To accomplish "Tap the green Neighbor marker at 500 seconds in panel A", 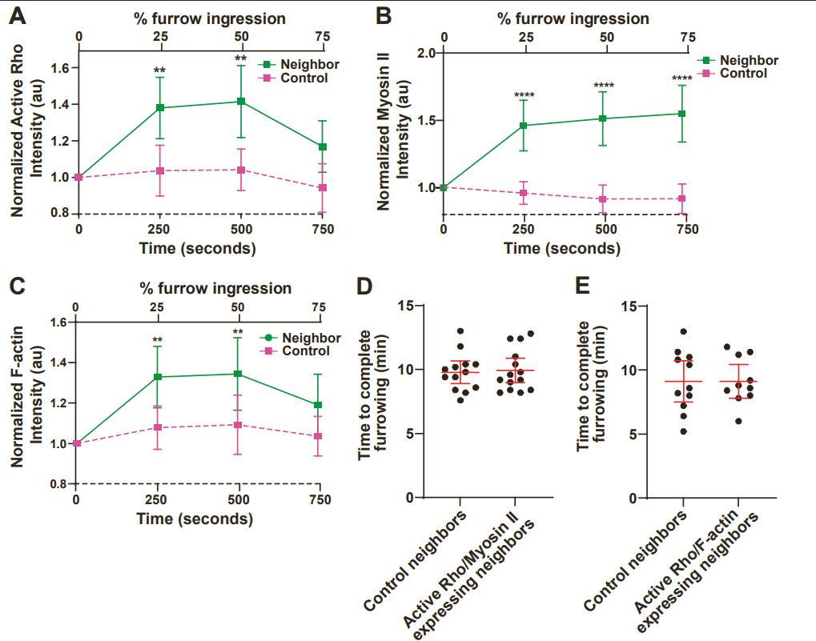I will pyautogui.click(x=240, y=102).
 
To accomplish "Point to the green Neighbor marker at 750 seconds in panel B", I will pyautogui.click(x=682, y=114).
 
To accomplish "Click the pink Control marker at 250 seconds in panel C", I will pyautogui.click(x=158, y=427).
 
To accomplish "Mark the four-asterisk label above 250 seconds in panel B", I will pyautogui.click(x=525, y=97).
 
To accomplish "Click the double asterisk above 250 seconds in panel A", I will pyautogui.click(x=159, y=71).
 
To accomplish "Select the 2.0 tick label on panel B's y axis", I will pyautogui.click(x=425, y=53).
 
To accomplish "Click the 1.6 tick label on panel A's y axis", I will pyautogui.click(x=58, y=68).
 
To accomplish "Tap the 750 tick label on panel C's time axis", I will pyautogui.click(x=320, y=500).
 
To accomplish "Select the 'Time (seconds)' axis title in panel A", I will pyautogui.click(x=198, y=248).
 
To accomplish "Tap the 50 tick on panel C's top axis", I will pyautogui.click(x=237, y=307).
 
